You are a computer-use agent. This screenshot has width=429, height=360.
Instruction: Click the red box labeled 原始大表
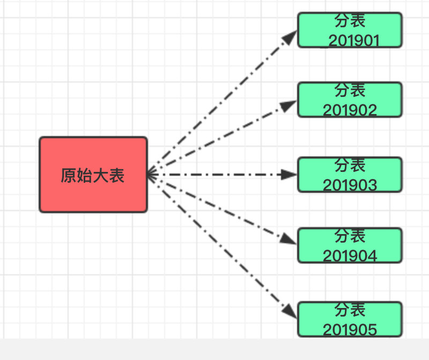[x=93, y=175]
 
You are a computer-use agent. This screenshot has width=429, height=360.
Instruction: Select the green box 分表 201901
[x=350, y=30]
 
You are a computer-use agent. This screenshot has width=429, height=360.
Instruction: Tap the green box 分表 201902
[x=350, y=100]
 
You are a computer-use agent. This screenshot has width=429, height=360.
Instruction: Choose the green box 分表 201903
[x=350, y=175]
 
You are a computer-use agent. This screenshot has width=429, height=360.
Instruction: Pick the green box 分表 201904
[x=350, y=245]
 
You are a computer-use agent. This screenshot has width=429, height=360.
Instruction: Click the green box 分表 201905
[x=350, y=319]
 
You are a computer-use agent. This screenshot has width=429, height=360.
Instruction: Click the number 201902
[x=350, y=110]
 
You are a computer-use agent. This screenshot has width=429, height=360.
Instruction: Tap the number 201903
[x=350, y=185]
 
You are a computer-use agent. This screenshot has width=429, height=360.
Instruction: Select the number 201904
[x=350, y=256]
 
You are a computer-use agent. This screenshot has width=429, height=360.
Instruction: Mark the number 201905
[x=350, y=329]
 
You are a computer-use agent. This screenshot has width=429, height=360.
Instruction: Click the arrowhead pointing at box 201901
[x=290, y=37]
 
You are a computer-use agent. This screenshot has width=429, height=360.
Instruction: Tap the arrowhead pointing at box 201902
[x=290, y=106]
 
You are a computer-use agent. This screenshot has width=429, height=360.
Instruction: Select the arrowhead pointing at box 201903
[x=290, y=175]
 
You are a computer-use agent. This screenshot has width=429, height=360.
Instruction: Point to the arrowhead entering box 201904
[x=290, y=239]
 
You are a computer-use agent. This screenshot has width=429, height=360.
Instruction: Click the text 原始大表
[x=93, y=176]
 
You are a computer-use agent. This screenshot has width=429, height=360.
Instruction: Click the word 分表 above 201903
[x=350, y=164]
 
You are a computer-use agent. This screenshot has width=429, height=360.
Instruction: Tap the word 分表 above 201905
[x=350, y=310]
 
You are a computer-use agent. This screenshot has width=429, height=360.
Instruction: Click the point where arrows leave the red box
[x=150, y=175]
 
